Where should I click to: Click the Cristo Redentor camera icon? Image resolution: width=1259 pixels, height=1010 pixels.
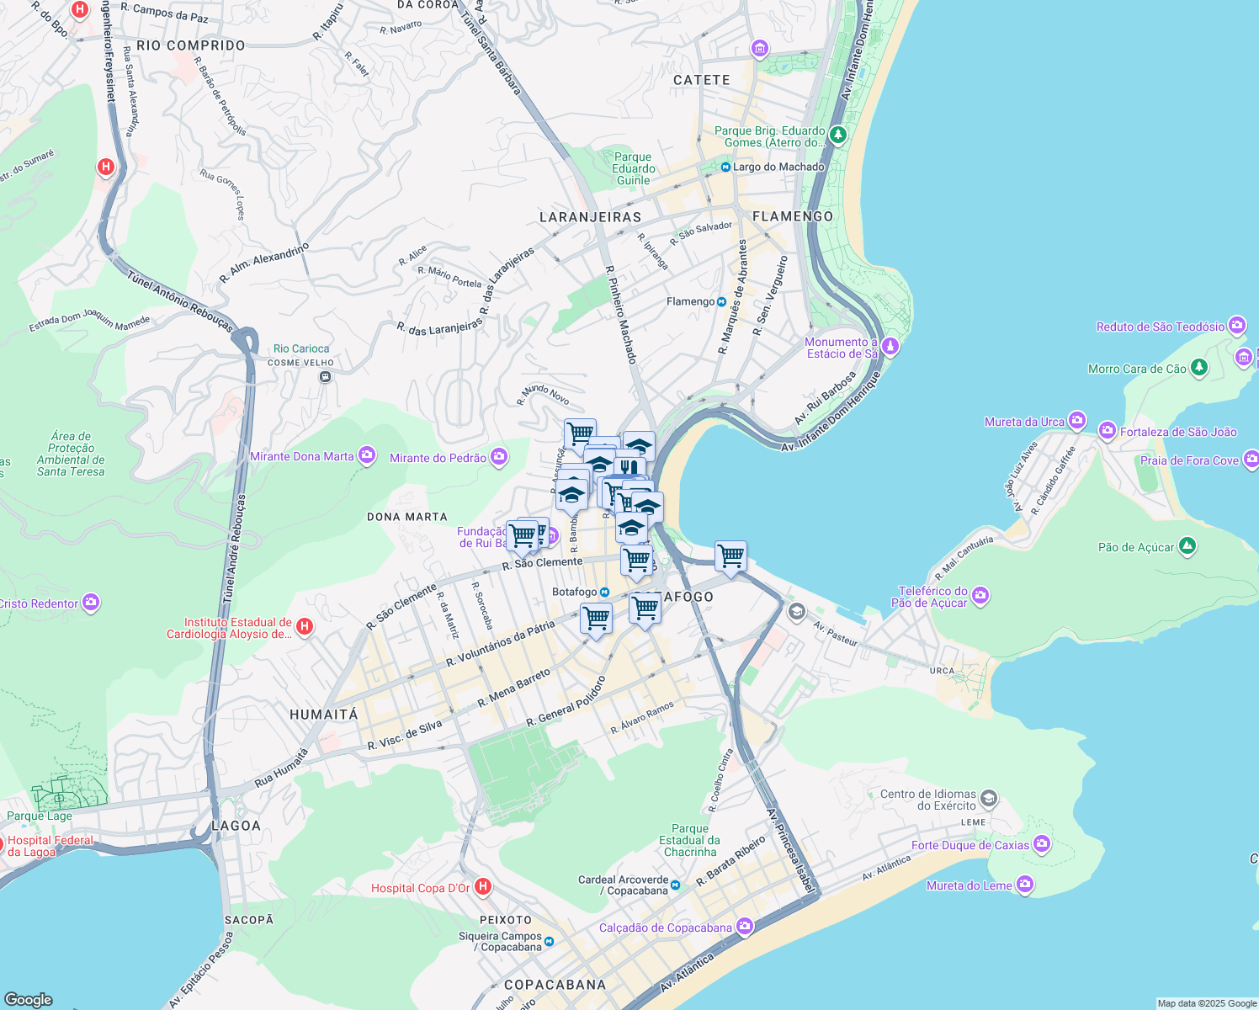(91, 603)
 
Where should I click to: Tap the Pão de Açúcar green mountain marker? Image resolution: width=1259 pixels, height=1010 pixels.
(1187, 547)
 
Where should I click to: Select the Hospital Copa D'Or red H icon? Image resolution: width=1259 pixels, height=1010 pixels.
(482, 887)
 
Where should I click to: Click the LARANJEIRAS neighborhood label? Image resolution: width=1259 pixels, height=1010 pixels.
(590, 217)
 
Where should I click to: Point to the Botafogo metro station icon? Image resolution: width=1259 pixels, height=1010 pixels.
(604, 593)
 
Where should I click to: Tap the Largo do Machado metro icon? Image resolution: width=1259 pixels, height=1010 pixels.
(725, 167)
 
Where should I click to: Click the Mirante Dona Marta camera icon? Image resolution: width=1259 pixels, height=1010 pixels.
(366, 456)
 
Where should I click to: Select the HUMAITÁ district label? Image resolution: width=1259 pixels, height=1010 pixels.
(323, 715)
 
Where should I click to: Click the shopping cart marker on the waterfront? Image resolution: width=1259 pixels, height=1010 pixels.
(730, 556)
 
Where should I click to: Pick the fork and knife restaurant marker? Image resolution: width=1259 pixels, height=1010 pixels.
(628, 467)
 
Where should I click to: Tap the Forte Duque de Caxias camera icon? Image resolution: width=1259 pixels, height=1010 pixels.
(1042, 844)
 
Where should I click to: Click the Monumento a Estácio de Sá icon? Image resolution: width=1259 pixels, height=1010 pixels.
(890, 347)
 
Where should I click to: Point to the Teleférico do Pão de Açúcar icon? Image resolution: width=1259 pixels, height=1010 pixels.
(980, 596)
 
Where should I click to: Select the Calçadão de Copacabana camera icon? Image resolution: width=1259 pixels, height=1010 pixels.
(744, 927)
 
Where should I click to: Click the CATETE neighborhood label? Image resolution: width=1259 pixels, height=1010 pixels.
(701, 80)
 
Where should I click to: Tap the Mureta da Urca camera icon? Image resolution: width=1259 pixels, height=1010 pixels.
(1076, 421)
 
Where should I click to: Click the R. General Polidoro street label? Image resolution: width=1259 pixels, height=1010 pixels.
(566, 702)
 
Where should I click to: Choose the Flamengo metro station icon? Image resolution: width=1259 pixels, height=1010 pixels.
(721, 301)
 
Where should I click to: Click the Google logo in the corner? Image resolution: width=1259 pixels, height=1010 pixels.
(29, 999)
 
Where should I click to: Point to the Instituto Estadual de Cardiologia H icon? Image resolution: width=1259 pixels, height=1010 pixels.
(305, 627)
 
